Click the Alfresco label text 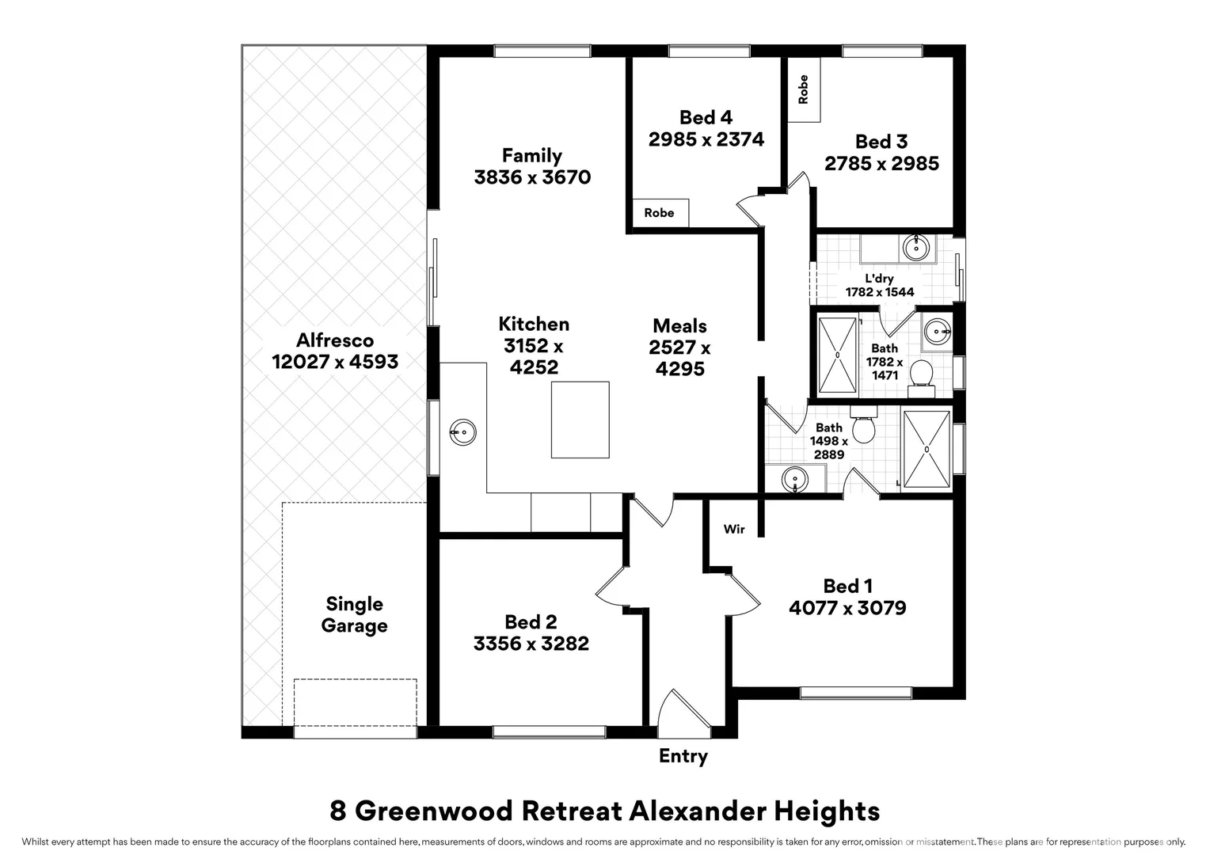click(x=335, y=341)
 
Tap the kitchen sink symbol click(x=462, y=432)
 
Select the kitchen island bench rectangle click(x=580, y=420)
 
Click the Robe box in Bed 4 click(x=659, y=212)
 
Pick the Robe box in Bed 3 click(x=804, y=89)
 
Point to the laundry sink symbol click(x=916, y=248)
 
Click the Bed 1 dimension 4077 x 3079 click(x=847, y=608)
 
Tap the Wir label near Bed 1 click(x=733, y=529)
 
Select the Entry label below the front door click(x=683, y=756)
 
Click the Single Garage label click(x=354, y=615)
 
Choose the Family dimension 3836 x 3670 click(x=532, y=177)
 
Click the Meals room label click(x=679, y=326)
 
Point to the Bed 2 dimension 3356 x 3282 click(x=531, y=644)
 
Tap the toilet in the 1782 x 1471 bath click(x=921, y=378)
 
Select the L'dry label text click(x=879, y=279)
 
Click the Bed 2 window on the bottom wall click(x=549, y=731)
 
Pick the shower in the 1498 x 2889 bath click(x=926, y=449)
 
